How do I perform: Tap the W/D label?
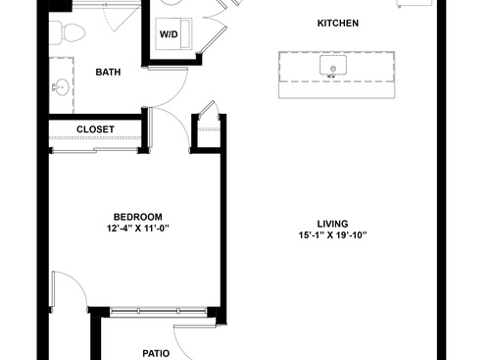(x=170, y=35)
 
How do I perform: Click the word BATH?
(x=108, y=73)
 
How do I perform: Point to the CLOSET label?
(x=95, y=129)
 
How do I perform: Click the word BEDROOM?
(x=137, y=217)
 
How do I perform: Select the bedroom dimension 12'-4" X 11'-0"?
(x=137, y=229)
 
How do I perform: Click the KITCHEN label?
(x=338, y=23)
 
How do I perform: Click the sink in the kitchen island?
(x=333, y=68)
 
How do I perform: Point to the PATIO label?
(x=155, y=353)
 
